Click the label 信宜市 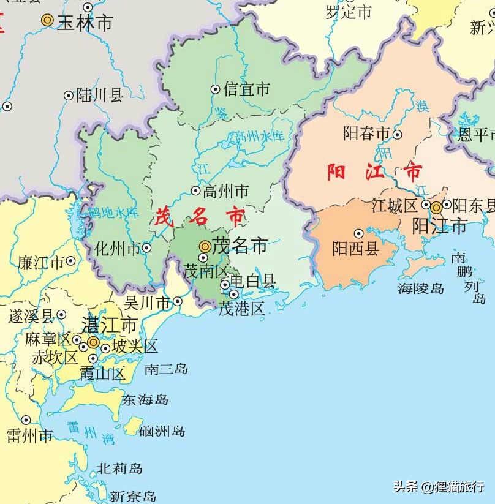tap(247, 89)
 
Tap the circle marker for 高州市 tap(196, 190)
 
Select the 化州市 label tap(118, 249)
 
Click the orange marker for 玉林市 tap(47, 20)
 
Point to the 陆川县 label tap(100, 96)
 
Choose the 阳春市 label tap(366, 134)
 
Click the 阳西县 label tap(356, 248)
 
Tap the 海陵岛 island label tap(421, 288)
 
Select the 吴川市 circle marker tap(178, 301)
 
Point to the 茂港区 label tap(242, 309)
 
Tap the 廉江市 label tap(40, 263)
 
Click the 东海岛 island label tap(145, 400)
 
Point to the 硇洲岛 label tap(162, 431)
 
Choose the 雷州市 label tap(29, 435)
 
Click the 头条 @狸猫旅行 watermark tap(439, 487)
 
